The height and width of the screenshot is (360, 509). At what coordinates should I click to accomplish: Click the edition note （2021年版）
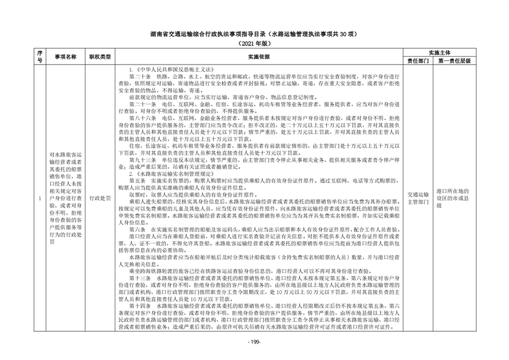tap(254, 43)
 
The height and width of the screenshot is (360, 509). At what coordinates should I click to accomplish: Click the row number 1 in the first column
tap(39, 199)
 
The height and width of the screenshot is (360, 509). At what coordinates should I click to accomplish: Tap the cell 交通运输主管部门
tap(418, 195)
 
